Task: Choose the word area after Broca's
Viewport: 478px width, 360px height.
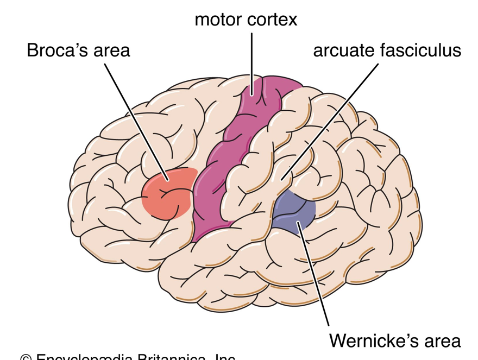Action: pyautogui.click(x=111, y=50)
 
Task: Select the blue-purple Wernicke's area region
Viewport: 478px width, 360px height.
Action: pyautogui.click(x=293, y=212)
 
